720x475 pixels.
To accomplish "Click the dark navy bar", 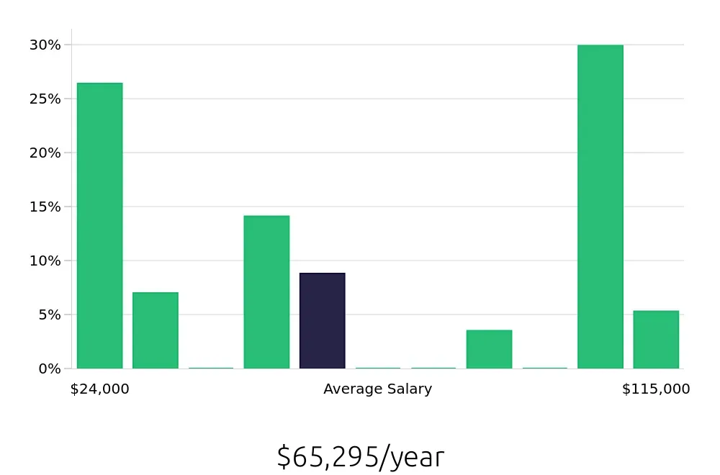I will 322,321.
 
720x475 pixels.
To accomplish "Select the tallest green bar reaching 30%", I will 600,207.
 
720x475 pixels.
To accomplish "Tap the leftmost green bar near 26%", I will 99,226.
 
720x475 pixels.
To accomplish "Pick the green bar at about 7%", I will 156,330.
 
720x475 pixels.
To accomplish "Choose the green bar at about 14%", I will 266,292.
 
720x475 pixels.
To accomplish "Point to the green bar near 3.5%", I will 489,349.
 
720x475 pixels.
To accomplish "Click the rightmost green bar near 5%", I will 656,340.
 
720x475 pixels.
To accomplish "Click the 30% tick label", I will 45,45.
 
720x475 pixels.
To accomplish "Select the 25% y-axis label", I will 45,99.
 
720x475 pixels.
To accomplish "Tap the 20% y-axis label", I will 45,153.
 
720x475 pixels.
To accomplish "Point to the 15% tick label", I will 45,207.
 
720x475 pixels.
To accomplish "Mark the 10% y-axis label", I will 45,261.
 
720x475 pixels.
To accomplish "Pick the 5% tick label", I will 48,315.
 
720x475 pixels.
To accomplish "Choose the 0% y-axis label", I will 48,368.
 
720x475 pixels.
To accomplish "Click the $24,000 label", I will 99,389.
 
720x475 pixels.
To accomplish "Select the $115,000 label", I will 656,389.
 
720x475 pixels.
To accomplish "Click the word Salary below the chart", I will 410,389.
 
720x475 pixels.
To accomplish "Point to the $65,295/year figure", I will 360,457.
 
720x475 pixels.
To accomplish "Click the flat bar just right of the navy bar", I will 378,368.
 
